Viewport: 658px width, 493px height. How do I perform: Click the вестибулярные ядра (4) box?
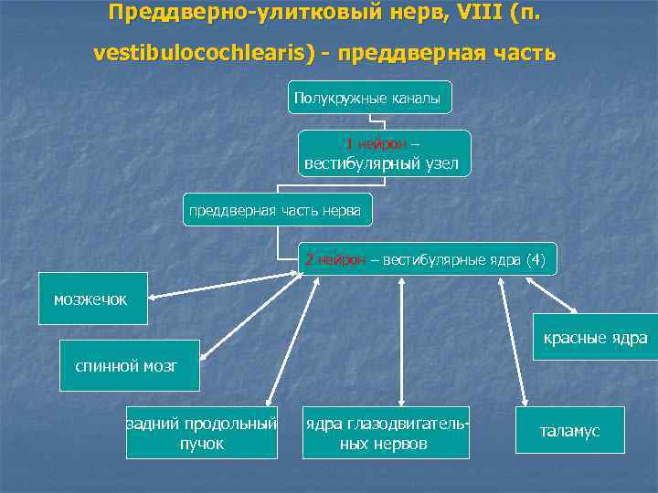[x=426, y=260]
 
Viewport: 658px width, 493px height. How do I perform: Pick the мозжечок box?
[x=90, y=299]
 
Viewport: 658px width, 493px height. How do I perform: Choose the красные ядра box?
[x=594, y=339]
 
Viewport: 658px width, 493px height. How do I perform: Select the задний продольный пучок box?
[x=201, y=433]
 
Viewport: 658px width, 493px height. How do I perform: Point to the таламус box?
[x=569, y=431]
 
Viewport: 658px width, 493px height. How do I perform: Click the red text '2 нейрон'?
[x=333, y=260]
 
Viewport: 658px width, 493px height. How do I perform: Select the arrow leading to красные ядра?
[x=552, y=295]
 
